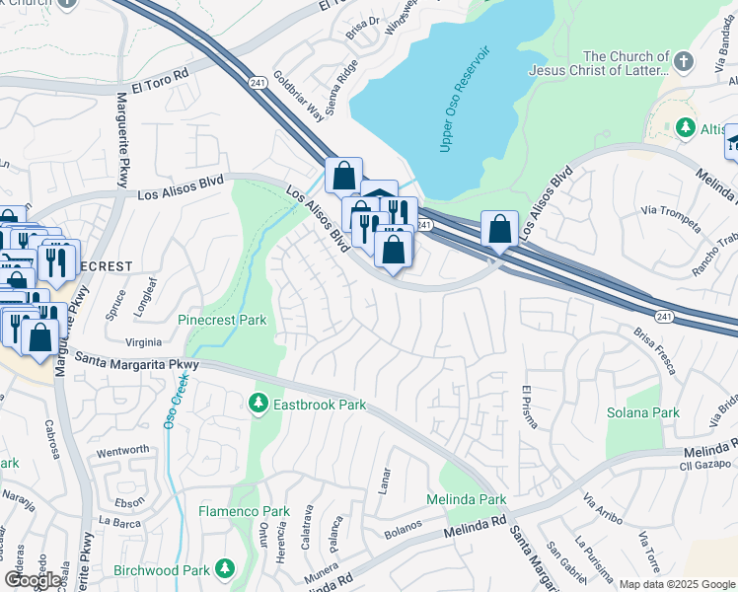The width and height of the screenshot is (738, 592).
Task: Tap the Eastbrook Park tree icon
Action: [258, 403]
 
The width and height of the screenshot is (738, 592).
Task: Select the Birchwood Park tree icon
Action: [226, 568]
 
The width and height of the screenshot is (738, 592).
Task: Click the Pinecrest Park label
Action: [222, 321]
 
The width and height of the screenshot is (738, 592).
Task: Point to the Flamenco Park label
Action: [244, 511]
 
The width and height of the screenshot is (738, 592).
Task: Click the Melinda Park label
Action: [466, 499]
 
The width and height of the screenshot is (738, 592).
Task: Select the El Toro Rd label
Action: [165, 76]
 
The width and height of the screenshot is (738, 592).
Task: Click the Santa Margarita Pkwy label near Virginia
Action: [136, 362]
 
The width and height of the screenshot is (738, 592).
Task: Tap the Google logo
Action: [34, 580]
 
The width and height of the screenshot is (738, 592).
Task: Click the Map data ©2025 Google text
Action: [676, 584]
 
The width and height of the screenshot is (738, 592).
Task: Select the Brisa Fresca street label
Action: [655, 350]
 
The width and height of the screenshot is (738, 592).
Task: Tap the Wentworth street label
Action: [122, 450]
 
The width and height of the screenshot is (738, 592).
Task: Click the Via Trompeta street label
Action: [664, 209]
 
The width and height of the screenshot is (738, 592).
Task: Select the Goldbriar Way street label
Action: [298, 96]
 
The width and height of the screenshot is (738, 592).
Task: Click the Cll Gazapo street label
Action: [707, 449]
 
